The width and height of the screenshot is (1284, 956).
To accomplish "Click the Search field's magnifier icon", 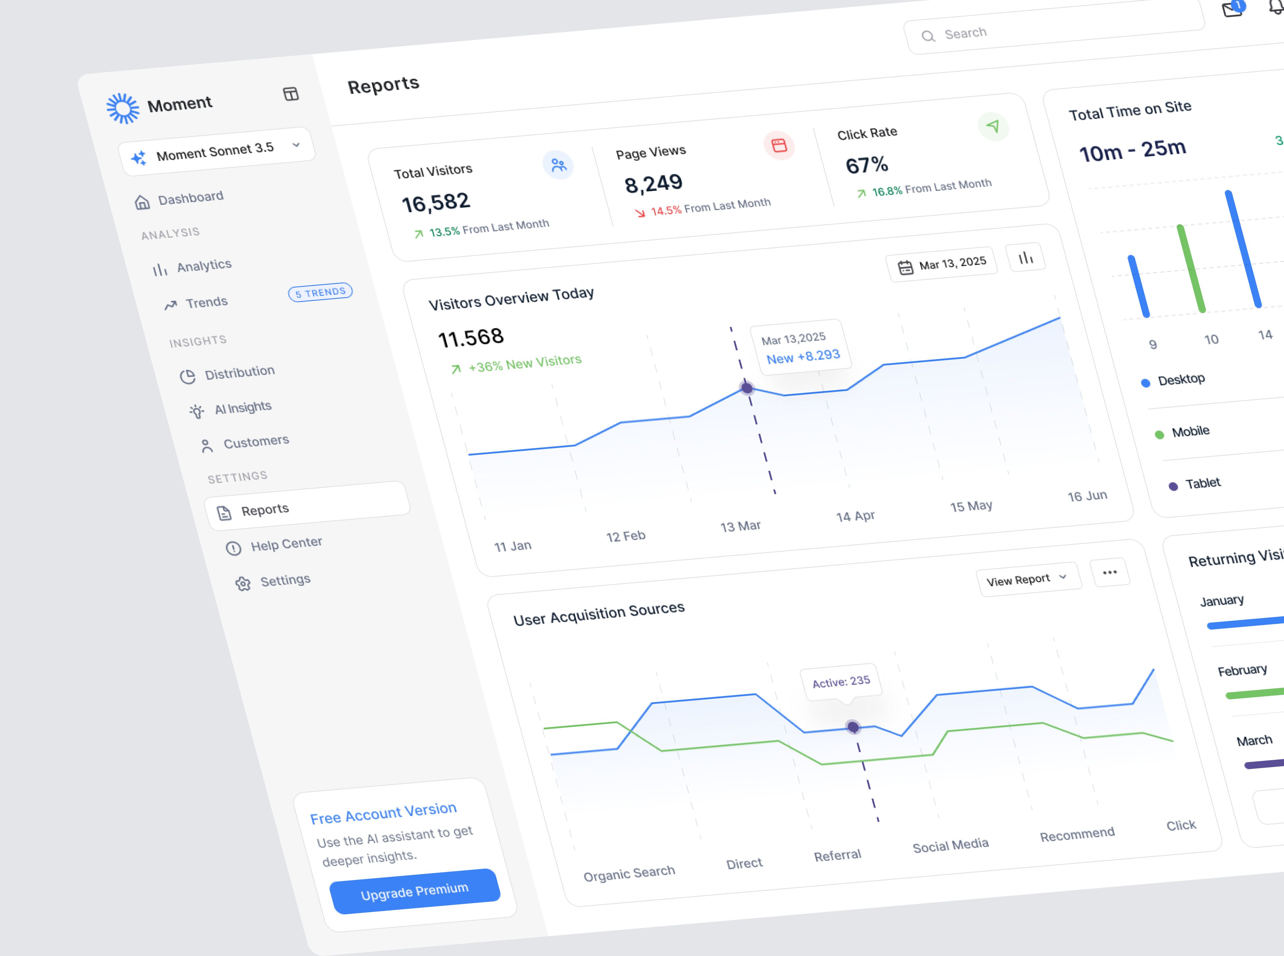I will pyautogui.click(x=928, y=37).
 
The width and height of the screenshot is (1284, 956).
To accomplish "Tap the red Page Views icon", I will pyautogui.click(x=779, y=145).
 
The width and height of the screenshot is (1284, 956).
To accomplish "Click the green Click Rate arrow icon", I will pyautogui.click(x=993, y=126).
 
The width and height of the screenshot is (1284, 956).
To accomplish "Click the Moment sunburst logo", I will pyautogui.click(x=123, y=108).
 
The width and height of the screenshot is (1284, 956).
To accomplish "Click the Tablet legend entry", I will pyautogui.click(x=1202, y=483).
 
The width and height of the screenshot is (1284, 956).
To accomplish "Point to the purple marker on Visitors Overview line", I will pyautogui.click(x=747, y=388).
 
